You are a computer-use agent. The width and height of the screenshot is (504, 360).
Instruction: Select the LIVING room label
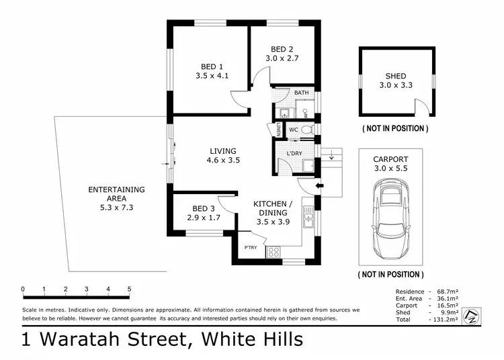pyautogui.click(x=222, y=151)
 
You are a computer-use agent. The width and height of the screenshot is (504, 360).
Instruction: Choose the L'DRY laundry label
pyautogui.click(x=294, y=154)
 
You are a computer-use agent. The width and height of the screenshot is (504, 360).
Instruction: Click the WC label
pyautogui.click(x=293, y=130)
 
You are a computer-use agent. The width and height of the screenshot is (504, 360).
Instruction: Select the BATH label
pyautogui.click(x=301, y=93)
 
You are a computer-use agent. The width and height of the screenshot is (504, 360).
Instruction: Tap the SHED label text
pyautogui.click(x=395, y=77)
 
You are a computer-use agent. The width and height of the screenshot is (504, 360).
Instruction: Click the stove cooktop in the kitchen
pyautogui.click(x=274, y=252)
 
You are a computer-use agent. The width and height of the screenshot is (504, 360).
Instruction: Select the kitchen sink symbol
pyautogui.click(x=308, y=216)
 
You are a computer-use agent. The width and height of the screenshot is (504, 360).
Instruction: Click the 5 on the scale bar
pyautogui.click(x=129, y=289)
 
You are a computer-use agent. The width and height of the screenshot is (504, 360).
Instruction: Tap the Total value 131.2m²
pyautogui.click(x=446, y=320)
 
